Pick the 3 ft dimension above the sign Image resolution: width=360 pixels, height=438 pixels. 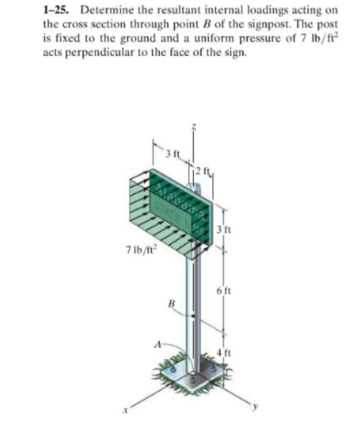coord(172,153)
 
